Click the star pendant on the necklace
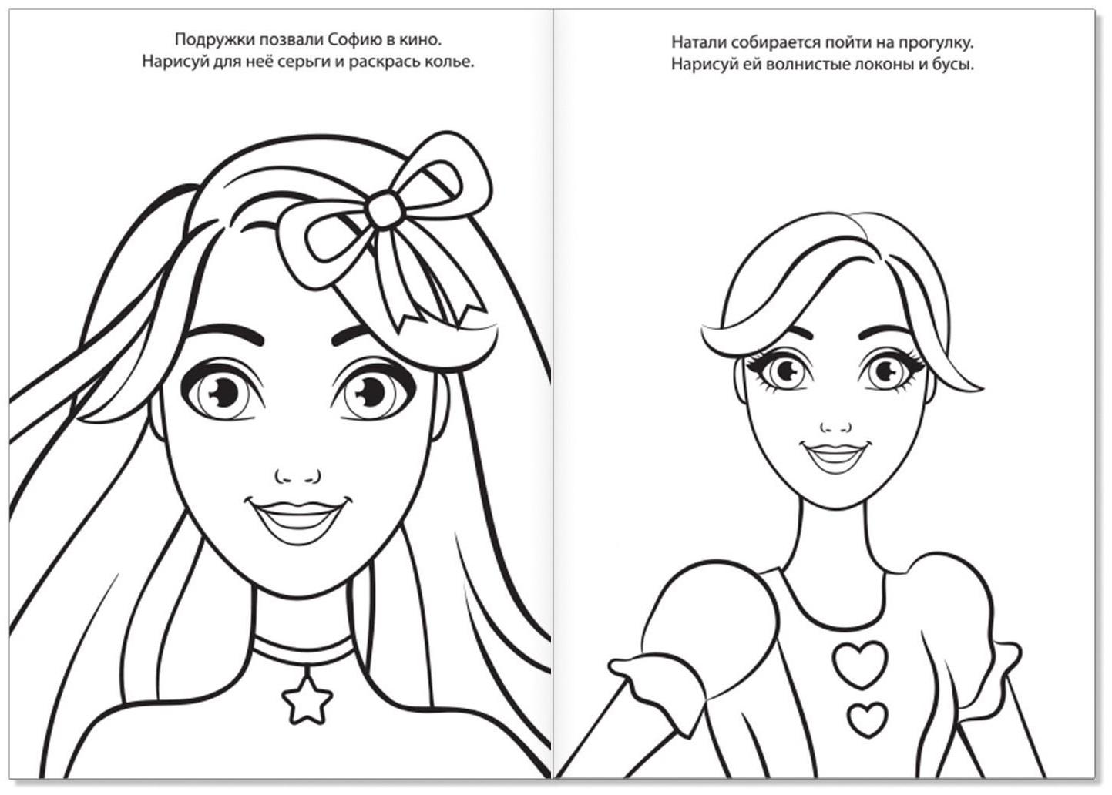click(307, 699)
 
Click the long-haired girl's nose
click(298, 476)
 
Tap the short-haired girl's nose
click(835, 428)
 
